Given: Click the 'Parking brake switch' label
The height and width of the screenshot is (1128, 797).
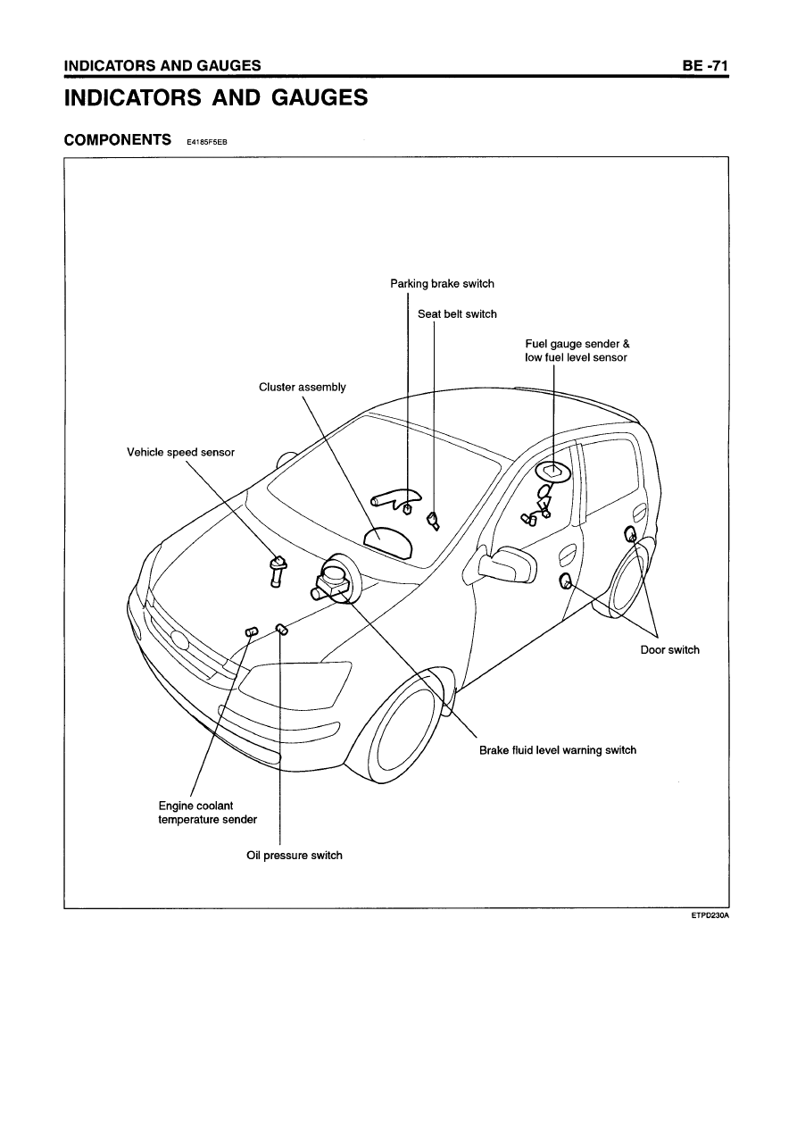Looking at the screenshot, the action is pyautogui.click(x=442, y=284).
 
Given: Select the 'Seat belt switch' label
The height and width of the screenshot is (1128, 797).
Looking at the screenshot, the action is pyautogui.click(x=457, y=314).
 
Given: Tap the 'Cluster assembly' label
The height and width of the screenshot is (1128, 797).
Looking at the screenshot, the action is pyautogui.click(x=303, y=388).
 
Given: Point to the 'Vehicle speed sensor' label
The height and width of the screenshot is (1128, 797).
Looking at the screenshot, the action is pyautogui.click(x=180, y=452).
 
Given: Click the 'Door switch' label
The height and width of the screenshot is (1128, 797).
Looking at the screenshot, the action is pyautogui.click(x=669, y=649).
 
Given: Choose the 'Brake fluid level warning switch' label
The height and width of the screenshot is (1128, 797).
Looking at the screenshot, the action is pyautogui.click(x=558, y=750).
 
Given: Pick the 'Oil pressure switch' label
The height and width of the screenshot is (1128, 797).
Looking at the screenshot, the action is pyautogui.click(x=295, y=855).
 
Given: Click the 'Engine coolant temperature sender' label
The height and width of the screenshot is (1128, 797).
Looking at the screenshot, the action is pyautogui.click(x=207, y=812).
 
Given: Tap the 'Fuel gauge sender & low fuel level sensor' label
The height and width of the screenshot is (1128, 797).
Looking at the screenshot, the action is pyautogui.click(x=577, y=350).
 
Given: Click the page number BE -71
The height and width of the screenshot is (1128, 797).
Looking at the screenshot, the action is pyautogui.click(x=705, y=65).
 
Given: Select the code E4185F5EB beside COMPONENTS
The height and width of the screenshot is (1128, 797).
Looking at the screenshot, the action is pyautogui.click(x=207, y=142).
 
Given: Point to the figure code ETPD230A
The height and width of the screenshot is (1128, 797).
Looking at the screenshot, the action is pyautogui.click(x=710, y=915).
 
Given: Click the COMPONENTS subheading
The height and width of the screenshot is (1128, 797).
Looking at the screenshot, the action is pyautogui.click(x=118, y=139).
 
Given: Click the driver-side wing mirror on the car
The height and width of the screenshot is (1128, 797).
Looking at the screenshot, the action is pyautogui.click(x=507, y=564).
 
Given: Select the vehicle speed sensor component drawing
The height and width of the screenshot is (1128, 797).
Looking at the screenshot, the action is pyautogui.click(x=277, y=571).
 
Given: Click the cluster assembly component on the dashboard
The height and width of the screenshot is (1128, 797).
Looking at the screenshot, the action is pyautogui.click(x=388, y=542).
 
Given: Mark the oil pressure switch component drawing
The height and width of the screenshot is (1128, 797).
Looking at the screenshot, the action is pyautogui.click(x=282, y=629).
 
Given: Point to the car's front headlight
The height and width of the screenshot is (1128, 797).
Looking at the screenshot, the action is pyautogui.click(x=295, y=684).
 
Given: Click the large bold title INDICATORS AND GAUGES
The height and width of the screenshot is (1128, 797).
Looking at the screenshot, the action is pyautogui.click(x=216, y=97).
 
